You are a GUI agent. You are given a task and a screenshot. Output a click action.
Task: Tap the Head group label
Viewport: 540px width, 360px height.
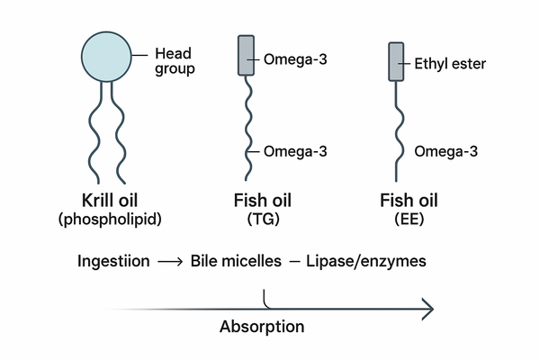[175, 60]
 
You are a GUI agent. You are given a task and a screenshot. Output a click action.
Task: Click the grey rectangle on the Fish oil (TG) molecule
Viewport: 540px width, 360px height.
[246, 56]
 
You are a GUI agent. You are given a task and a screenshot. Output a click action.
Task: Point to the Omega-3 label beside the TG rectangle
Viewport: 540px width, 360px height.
[293, 60]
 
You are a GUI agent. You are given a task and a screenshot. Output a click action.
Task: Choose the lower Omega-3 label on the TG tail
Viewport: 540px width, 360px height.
[293, 150]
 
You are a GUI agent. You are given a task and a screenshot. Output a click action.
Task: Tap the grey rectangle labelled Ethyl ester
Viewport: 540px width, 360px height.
[395, 60]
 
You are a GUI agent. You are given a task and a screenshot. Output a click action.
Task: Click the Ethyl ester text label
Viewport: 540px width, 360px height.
[449, 64]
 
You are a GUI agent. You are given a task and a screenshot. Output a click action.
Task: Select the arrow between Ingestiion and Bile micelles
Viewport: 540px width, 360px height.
[170, 262]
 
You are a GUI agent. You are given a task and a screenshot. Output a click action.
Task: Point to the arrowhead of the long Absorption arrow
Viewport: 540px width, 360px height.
[428, 308]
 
